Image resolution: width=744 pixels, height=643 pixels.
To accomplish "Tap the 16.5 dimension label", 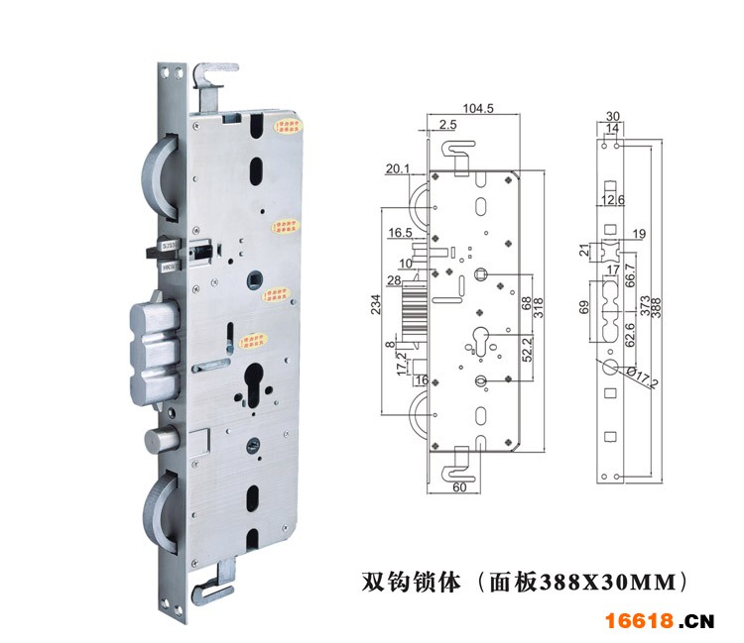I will tap(400, 233).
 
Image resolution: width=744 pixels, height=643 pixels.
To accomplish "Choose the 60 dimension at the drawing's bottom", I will tap(459, 487).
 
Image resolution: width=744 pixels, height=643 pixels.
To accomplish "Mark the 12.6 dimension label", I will tap(612, 201).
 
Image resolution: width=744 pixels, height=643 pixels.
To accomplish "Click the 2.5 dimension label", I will tap(447, 125).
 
